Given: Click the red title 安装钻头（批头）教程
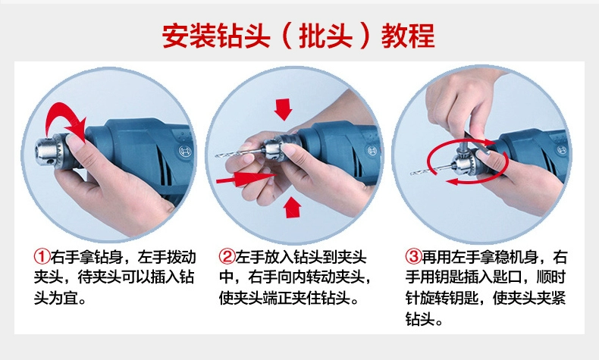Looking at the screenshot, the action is tap(298, 36).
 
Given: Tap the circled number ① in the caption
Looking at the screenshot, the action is tap(42, 257).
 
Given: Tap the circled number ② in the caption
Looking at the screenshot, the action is tap(227, 257).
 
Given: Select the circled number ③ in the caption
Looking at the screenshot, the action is tap(413, 257).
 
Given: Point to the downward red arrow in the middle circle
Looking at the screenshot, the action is tap(283, 109).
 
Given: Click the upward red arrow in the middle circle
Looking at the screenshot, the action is tap(292, 208).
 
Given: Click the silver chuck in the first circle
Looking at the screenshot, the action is tap(49, 152).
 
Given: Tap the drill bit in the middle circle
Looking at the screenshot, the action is tap(240, 152).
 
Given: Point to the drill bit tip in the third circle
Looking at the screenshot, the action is tap(412, 174).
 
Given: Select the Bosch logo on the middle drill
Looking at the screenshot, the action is tap(372, 150).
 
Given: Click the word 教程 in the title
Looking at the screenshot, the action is tap(408, 36).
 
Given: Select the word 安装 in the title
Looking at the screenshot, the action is tap(189, 36).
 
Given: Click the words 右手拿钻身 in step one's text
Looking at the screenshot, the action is tap(86, 257).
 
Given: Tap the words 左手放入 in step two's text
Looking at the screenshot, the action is tap(265, 257).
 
